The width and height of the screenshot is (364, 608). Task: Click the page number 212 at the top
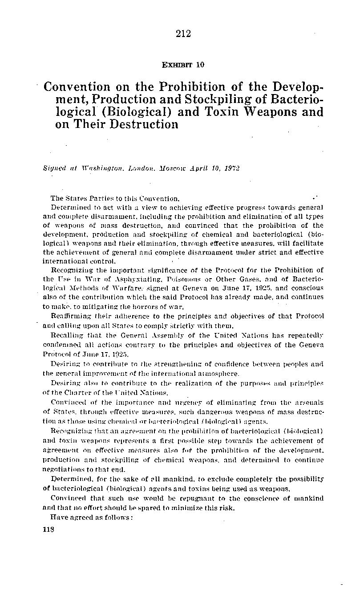click(x=183, y=34)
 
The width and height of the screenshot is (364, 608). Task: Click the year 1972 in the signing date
click(x=232, y=169)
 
